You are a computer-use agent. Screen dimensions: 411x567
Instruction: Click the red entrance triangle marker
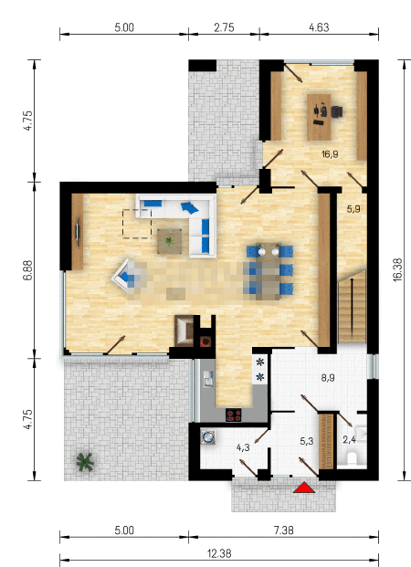pos(304,488)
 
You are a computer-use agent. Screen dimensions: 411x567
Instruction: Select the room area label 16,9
pos(330,155)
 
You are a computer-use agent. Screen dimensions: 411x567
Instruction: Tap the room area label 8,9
pos(328,378)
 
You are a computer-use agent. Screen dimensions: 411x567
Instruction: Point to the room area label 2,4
pos(349,440)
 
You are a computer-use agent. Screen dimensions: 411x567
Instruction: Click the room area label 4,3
pos(243,447)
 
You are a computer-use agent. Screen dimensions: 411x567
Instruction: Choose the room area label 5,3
pos(307,441)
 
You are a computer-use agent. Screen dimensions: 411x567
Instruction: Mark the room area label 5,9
pos(353,209)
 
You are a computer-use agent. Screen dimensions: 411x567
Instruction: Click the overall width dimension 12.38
pos(219,553)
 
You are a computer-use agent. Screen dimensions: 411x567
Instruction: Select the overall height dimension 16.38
pos(397,269)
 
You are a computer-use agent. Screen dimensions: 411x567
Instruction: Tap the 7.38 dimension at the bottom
pos(284,530)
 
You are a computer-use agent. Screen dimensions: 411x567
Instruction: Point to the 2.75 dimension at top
pos(224,27)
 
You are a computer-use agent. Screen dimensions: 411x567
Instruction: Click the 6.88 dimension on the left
pos(27,270)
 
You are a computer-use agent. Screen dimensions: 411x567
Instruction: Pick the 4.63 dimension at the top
pos(319,27)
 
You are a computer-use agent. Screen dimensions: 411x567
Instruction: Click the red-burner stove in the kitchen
pos(234,415)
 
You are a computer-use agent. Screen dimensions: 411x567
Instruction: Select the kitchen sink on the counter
pos(209,378)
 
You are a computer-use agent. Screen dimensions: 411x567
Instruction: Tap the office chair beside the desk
pos(336,111)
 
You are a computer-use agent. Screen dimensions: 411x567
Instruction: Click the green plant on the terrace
pos(85,462)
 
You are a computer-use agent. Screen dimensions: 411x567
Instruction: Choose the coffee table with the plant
pos(169,241)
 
